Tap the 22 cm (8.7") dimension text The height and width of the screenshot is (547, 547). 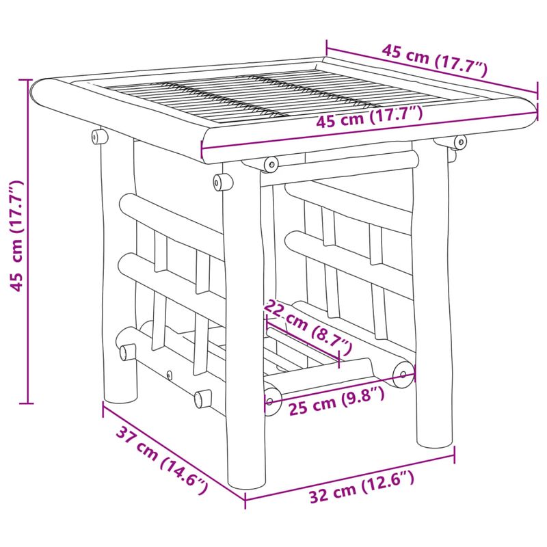[308, 325]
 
